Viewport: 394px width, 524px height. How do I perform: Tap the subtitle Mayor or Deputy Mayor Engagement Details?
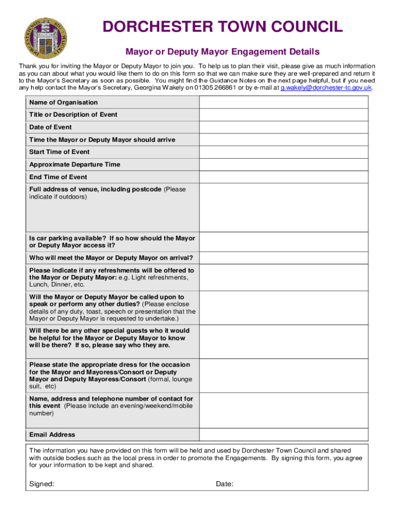point(223,52)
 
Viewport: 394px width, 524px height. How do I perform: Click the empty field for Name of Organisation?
point(283,102)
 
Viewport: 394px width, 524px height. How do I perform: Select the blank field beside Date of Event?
point(283,127)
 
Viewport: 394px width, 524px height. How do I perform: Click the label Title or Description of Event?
point(73,115)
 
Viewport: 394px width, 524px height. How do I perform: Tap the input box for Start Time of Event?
point(283,152)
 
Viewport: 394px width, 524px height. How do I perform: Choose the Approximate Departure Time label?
point(75,164)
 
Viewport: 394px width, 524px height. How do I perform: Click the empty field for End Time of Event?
point(283,177)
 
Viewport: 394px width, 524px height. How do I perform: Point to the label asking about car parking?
point(112,242)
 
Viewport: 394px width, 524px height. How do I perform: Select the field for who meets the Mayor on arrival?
point(283,257)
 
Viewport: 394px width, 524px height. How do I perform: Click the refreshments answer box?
point(283,277)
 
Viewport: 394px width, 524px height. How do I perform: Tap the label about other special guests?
point(110,338)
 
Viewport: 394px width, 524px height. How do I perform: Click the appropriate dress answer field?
point(283,376)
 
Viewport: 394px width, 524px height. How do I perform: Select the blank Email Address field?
point(283,434)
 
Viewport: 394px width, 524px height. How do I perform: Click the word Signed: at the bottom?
point(42,484)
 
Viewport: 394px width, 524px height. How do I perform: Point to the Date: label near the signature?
point(225,484)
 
